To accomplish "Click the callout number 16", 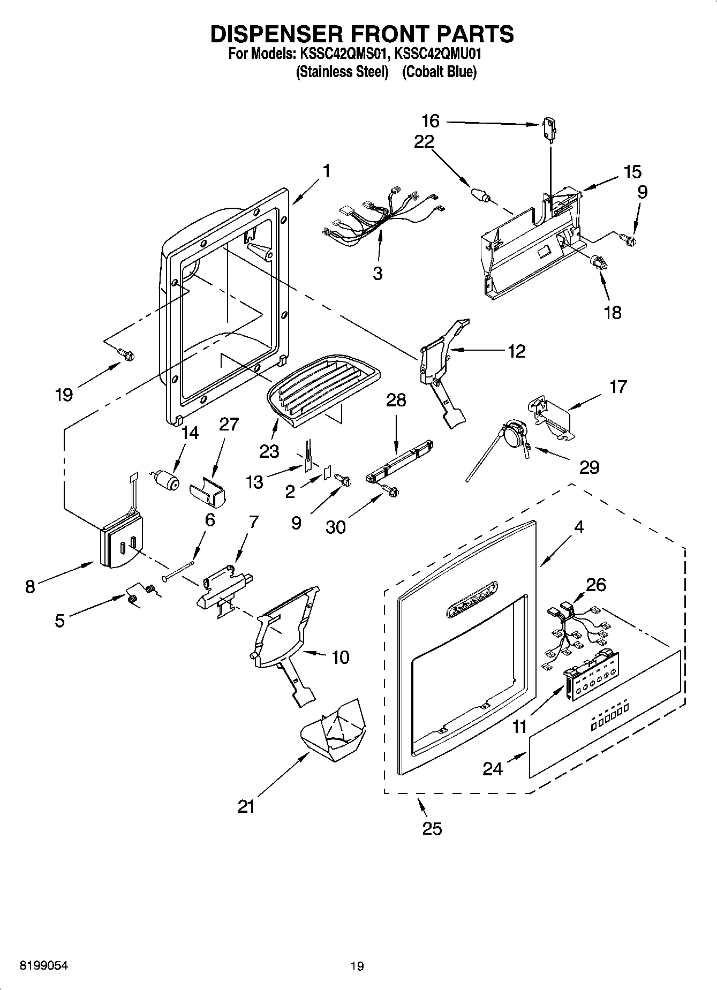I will [x=430, y=122].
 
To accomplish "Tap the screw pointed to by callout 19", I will [x=126, y=353].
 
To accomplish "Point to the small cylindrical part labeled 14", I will [x=166, y=480].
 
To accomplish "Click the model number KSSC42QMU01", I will [x=439, y=54].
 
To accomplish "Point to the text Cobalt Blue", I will [x=439, y=72].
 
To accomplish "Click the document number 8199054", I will [x=44, y=965].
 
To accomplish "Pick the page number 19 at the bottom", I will [x=357, y=966].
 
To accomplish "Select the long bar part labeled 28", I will [x=399, y=461].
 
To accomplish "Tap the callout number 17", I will [x=617, y=386].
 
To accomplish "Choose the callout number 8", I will [x=30, y=586].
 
